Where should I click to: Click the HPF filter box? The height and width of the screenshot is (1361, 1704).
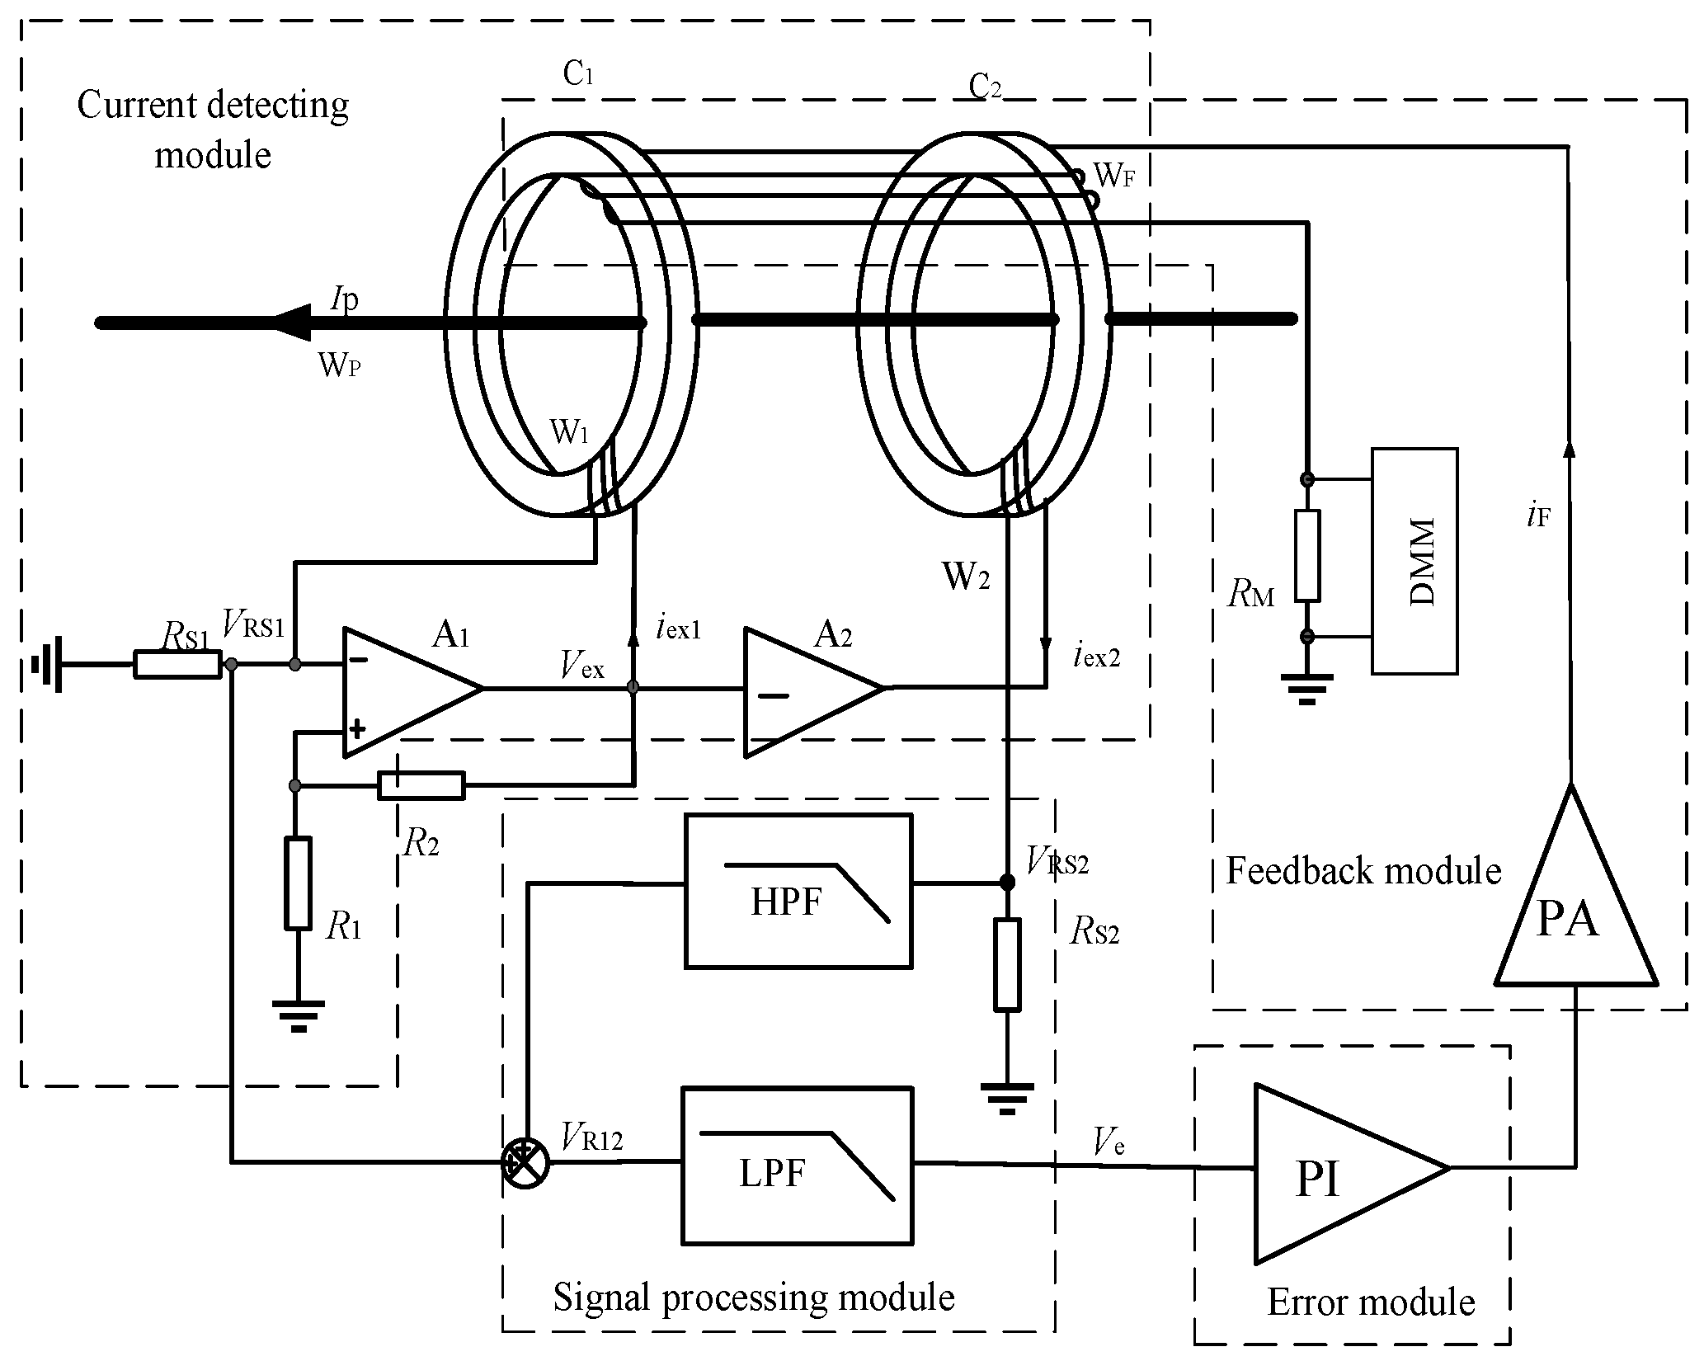tap(798, 891)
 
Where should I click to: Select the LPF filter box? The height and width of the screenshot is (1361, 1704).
tap(797, 1166)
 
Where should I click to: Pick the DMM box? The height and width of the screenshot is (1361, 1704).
tap(1414, 561)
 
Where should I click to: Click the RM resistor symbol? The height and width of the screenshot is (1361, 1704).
tap(1307, 555)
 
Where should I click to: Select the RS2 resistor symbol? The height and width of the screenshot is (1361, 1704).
tap(1007, 963)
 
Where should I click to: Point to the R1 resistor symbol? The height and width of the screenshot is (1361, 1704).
tap(298, 883)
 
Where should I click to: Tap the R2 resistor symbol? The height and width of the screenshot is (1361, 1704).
tap(421, 786)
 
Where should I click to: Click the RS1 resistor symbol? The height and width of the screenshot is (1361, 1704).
tap(177, 665)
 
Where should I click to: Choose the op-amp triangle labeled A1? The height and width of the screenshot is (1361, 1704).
tap(404, 691)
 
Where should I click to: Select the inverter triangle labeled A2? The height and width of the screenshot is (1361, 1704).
tap(804, 691)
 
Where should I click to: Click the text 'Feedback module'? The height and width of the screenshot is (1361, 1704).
tap(1363, 871)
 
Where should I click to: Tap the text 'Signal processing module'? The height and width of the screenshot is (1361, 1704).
tap(753, 1297)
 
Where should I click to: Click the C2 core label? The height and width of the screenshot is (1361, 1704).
tap(985, 86)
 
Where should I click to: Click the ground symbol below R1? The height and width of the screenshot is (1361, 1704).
tap(298, 1015)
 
